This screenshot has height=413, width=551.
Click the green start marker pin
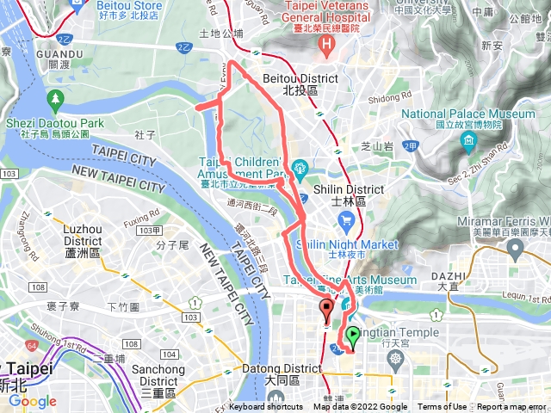coord(353,336)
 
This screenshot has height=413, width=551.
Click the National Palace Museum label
coord(480,119)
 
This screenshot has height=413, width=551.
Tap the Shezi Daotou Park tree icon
coord(56,101)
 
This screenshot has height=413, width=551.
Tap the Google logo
coord(33,401)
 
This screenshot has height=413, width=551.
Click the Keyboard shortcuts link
coord(266,407)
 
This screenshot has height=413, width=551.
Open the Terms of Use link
coord(443,407)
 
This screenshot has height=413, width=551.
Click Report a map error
coord(511,407)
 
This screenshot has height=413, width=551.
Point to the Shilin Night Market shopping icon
coord(347,224)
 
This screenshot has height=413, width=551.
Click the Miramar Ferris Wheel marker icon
coord(516,251)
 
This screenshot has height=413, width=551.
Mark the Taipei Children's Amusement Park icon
coord(300,166)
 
